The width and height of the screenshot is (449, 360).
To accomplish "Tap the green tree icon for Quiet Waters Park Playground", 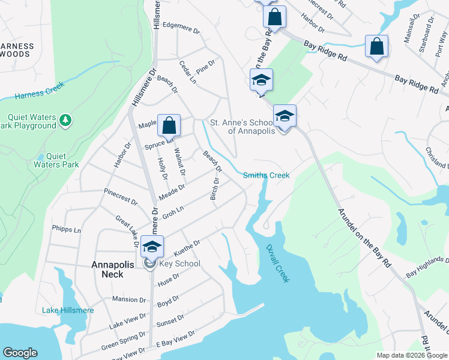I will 66,121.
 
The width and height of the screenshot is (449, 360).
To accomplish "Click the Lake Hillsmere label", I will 68,310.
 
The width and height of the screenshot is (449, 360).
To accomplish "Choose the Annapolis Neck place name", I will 107,269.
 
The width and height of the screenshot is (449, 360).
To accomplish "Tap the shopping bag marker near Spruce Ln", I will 169,125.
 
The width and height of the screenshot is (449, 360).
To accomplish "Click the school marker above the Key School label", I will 152,246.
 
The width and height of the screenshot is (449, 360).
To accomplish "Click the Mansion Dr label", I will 128,299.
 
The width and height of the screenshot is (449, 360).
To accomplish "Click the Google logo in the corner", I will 20,353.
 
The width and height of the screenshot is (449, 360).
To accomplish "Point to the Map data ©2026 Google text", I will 411,355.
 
